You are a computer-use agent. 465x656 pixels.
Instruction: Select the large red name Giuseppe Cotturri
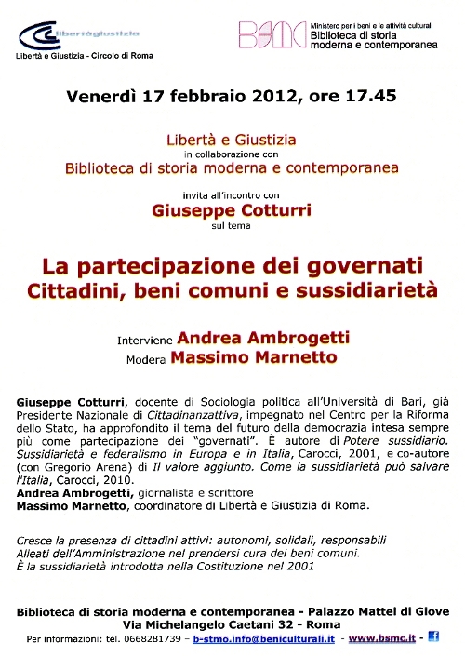coord(232,210)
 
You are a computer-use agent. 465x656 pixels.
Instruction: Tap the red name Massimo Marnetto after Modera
coord(246,356)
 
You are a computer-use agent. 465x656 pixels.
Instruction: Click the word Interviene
coord(145,339)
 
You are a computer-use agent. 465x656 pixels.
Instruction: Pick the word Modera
coord(147,358)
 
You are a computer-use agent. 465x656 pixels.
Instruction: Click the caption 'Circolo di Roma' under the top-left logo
coord(120,56)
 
